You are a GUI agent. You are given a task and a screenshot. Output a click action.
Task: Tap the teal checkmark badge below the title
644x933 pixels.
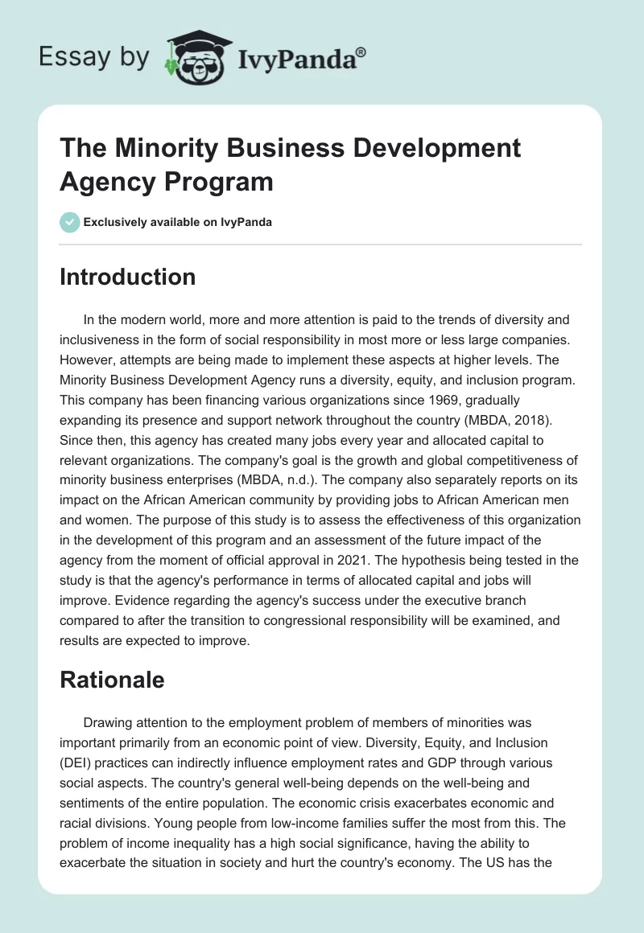70,222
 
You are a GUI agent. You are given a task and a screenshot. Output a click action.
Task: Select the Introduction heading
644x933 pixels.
127,277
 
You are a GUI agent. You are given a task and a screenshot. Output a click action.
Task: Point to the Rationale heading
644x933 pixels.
112,680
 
